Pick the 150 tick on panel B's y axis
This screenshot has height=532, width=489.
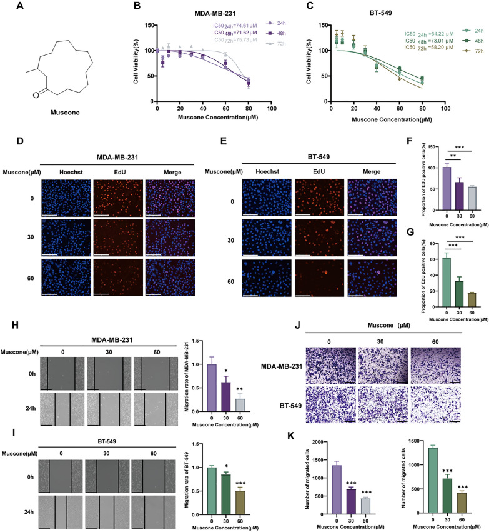[x=145, y=26]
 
